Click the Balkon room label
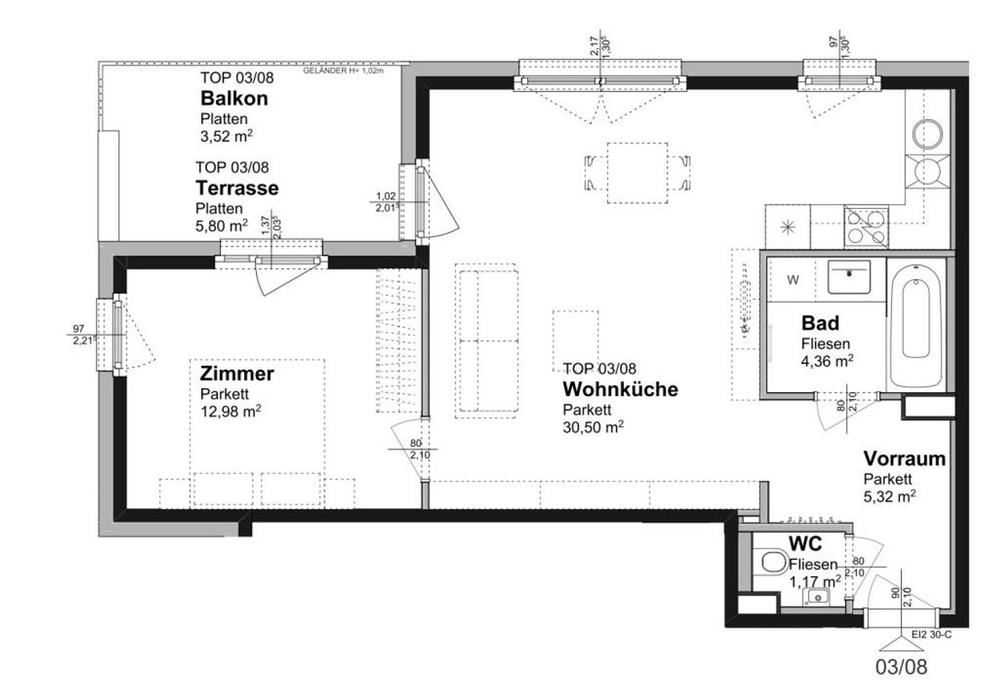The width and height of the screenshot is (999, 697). (234, 98)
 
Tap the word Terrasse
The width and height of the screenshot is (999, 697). (236, 188)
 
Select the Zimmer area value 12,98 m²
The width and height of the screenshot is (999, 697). (230, 411)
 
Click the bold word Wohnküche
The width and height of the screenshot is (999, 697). (620, 389)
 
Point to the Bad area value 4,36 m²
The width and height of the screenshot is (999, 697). (827, 360)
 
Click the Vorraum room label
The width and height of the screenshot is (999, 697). (905, 458)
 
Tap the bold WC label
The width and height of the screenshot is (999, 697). (805, 543)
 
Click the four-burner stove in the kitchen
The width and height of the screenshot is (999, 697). (866, 228)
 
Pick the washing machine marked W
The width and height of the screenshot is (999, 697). (791, 280)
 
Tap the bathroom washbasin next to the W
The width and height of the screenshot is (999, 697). (849, 277)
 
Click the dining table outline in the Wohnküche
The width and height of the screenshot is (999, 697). (638, 173)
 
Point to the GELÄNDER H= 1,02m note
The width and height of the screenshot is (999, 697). (343, 71)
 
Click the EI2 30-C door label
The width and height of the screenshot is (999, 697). (932, 635)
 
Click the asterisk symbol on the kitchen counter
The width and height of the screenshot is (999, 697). (788, 228)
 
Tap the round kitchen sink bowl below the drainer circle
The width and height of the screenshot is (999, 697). (928, 172)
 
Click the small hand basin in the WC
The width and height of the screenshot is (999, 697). (816, 596)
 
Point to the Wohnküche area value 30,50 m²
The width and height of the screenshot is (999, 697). (593, 427)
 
